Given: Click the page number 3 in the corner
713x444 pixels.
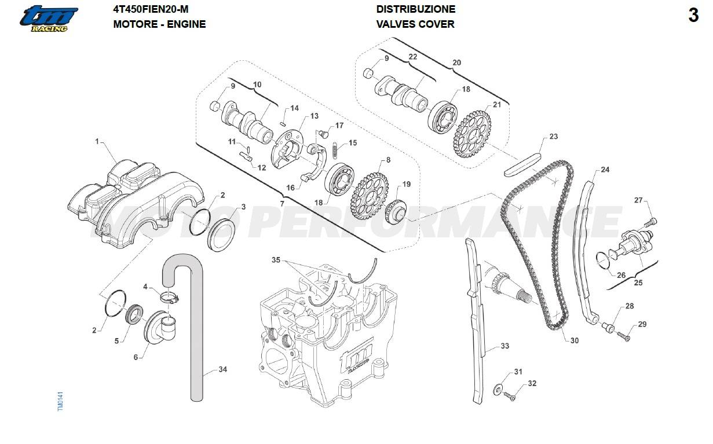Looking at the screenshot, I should tap(693, 16).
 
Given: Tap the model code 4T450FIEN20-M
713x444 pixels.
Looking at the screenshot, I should tap(151, 9).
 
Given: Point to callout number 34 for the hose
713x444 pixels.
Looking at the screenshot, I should tap(224, 369).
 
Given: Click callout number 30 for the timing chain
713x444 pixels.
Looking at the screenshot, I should tap(574, 340).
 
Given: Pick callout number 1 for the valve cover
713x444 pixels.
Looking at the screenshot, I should tap(97, 141).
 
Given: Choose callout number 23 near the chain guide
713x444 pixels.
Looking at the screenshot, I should tap(553, 137).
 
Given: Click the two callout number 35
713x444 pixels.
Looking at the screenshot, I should tap(276, 260).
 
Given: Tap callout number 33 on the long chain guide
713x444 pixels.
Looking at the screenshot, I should tap(504, 346).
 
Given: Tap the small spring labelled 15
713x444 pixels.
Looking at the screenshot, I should tap(337, 152).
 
